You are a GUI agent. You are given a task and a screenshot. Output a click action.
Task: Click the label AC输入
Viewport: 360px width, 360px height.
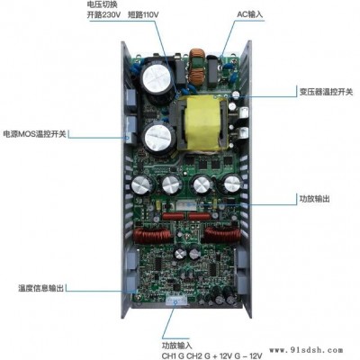(249, 14)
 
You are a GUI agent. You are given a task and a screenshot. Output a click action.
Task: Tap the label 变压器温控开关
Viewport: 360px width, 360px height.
(326, 92)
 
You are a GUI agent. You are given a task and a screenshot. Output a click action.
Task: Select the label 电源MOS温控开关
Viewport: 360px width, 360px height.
(34, 134)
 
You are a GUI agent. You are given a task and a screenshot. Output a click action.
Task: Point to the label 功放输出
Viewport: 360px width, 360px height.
(314, 199)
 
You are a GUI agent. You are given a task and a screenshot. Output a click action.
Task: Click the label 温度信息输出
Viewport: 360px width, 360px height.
(41, 288)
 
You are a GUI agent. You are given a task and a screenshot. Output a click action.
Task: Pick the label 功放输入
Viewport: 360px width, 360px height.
(177, 346)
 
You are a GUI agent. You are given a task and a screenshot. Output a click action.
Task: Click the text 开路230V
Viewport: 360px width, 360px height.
(103, 14)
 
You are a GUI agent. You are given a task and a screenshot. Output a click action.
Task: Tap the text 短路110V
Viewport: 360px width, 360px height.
(143, 14)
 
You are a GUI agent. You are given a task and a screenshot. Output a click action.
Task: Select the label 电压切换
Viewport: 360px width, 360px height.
(102, 4)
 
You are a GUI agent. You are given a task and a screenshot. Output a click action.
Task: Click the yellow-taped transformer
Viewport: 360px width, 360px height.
(202, 123)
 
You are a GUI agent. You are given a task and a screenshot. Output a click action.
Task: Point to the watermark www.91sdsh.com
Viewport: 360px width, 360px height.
(306, 350)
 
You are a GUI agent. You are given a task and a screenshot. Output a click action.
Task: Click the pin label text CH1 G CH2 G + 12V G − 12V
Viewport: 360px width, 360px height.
(212, 355)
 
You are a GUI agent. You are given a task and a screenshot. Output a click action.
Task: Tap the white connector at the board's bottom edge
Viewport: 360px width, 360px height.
(176, 301)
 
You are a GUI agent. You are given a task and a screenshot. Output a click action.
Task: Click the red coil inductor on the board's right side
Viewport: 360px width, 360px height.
(223, 235)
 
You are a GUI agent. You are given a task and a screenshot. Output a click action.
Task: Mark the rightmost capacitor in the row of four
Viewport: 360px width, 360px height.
(233, 183)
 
